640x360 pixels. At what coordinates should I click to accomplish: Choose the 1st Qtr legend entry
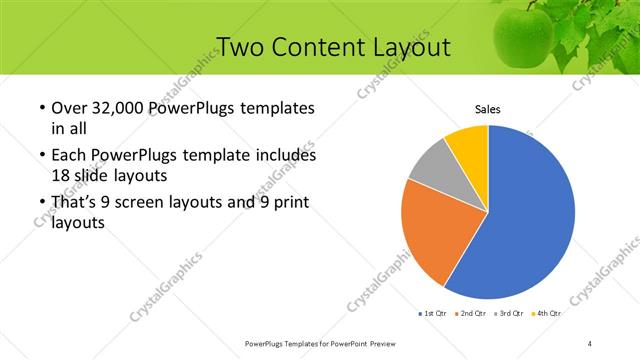[x=432, y=313]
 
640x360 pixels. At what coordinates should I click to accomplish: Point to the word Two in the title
[x=241, y=46]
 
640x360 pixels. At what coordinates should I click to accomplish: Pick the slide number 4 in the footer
[x=590, y=343]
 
